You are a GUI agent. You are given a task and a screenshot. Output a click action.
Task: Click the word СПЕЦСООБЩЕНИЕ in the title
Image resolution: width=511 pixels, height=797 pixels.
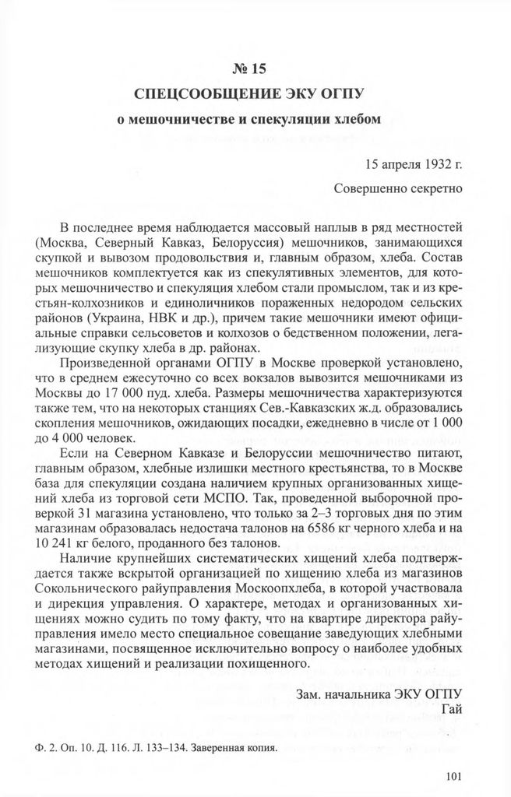pos(196,96)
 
